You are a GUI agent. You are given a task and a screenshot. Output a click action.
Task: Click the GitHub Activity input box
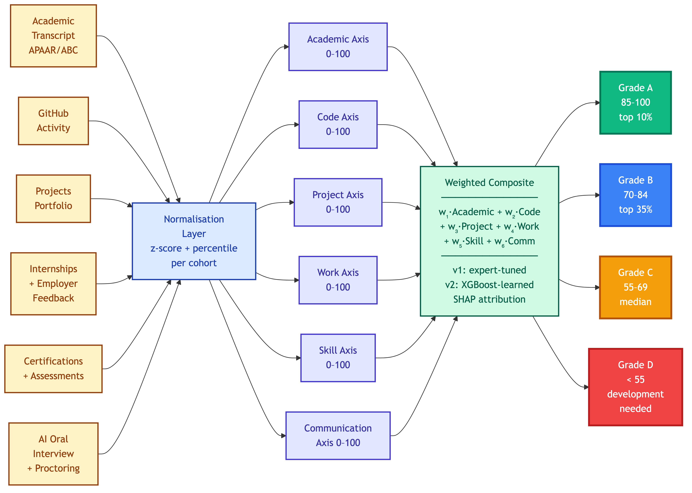click(53, 121)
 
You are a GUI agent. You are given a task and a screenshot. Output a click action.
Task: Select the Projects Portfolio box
click(53, 198)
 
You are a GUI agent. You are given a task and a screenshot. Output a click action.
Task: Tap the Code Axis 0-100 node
click(338, 124)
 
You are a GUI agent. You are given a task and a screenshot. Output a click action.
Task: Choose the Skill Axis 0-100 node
click(338, 358)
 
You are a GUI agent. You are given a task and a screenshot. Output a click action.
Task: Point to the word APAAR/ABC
click(53, 50)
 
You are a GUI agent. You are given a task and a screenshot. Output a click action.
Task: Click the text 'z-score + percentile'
click(194, 248)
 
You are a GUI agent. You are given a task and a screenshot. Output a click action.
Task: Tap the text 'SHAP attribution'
click(489, 299)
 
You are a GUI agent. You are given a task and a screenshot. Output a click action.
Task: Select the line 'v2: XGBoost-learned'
click(489, 285)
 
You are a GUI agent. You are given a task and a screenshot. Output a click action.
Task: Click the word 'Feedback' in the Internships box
click(53, 298)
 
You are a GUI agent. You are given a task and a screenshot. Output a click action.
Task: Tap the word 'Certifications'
click(53, 361)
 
